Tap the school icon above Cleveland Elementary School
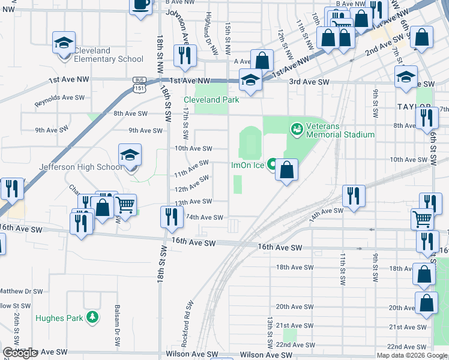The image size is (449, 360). pos(64,43)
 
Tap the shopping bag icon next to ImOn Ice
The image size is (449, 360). pos(288,170)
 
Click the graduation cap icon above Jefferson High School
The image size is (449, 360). pos(130,156)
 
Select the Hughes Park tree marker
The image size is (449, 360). pos(92,317)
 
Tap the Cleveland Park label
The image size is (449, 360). pos(211,100)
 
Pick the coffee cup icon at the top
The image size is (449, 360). pos(141,5)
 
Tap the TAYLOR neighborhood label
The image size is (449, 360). pos(414,106)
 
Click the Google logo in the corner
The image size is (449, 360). pos(20,353)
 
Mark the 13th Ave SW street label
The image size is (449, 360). pos(193,202)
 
